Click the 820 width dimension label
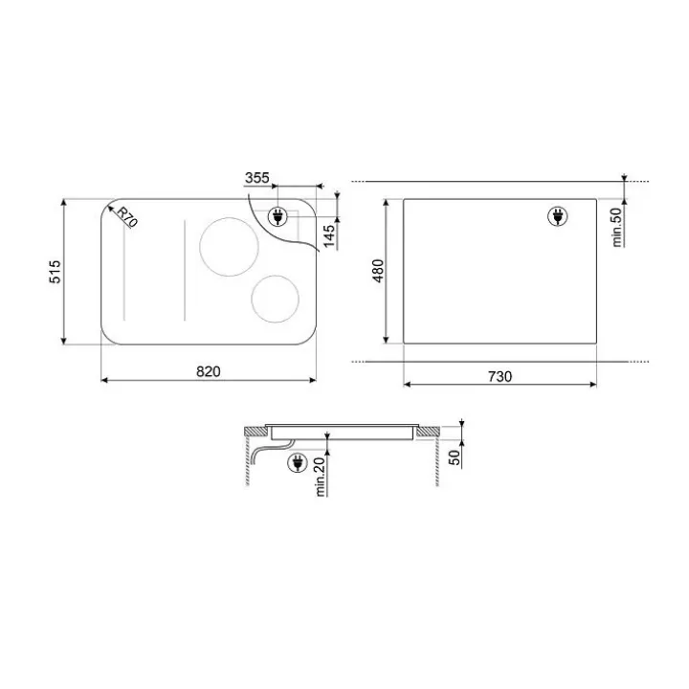pyautogui.click(x=209, y=371)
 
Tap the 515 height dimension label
pyautogui.click(x=56, y=272)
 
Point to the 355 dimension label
pyautogui.click(x=257, y=178)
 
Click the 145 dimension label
pyautogui.click(x=329, y=236)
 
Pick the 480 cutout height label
pyautogui.click(x=378, y=271)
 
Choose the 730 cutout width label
pyautogui.click(x=500, y=377)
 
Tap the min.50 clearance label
pyautogui.click(x=617, y=227)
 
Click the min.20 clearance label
pyautogui.click(x=320, y=477)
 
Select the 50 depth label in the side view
pyautogui.click(x=455, y=457)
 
